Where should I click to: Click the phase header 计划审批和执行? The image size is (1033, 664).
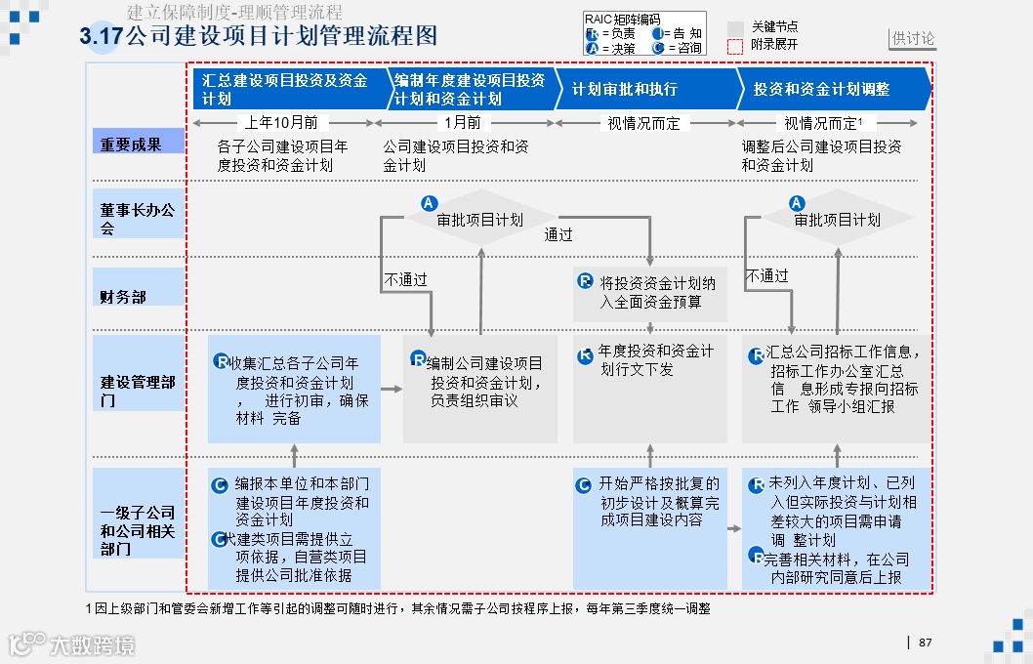pyautogui.click(x=625, y=89)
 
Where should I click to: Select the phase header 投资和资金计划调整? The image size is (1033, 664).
pyautogui.click(x=821, y=89)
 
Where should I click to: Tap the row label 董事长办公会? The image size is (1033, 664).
pyautogui.click(x=138, y=219)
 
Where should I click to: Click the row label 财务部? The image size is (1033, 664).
pyautogui.click(x=123, y=296)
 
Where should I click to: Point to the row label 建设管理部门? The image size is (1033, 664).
pyautogui.click(x=138, y=391)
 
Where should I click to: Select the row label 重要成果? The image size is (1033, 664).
pyautogui.click(x=131, y=144)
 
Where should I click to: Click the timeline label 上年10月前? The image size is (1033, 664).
pyautogui.click(x=281, y=123)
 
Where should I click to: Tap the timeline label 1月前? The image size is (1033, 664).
pyautogui.click(x=463, y=123)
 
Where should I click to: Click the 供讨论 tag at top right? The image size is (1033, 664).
pyautogui.click(x=913, y=39)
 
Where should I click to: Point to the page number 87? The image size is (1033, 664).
pyautogui.click(x=926, y=643)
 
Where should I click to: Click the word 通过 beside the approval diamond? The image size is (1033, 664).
pyautogui.click(x=558, y=235)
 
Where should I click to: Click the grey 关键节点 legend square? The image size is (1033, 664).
pyautogui.click(x=735, y=27)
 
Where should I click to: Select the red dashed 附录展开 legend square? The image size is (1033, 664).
pyautogui.click(x=735, y=45)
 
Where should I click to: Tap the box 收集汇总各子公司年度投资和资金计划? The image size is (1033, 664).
pyautogui.click(x=294, y=389)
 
